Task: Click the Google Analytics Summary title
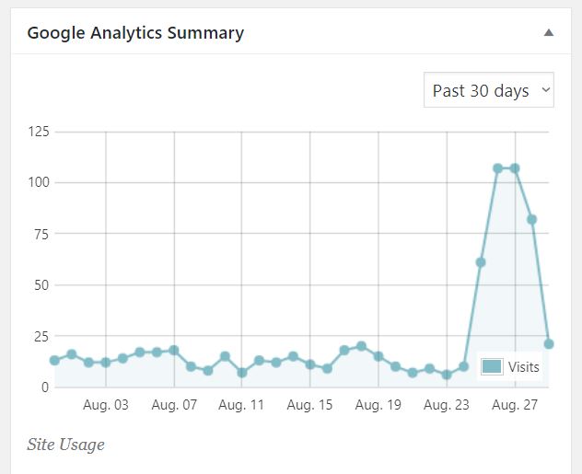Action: click(x=135, y=33)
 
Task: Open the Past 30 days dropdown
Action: click(x=488, y=90)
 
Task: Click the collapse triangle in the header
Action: click(x=549, y=33)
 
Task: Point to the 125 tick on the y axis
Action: click(x=38, y=132)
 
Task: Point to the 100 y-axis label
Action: click(x=38, y=183)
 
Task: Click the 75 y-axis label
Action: click(x=41, y=234)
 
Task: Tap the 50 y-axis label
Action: click(x=41, y=285)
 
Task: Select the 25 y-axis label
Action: click(x=41, y=336)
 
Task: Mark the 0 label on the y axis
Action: click(x=45, y=387)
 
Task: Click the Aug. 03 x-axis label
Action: click(x=106, y=405)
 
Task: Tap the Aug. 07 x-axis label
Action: click(x=174, y=405)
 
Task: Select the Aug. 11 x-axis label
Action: click(x=242, y=405)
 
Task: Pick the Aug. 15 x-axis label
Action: click(x=310, y=405)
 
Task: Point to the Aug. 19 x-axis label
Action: click(x=378, y=405)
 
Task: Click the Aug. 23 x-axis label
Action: click(x=447, y=405)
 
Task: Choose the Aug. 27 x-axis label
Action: click(x=515, y=405)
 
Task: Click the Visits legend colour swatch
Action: click(x=492, y=367)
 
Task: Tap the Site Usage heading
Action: click(x=65, y=445)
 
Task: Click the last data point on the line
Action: click(x=549, y=344)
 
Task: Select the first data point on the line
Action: click(x=54, y=360)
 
